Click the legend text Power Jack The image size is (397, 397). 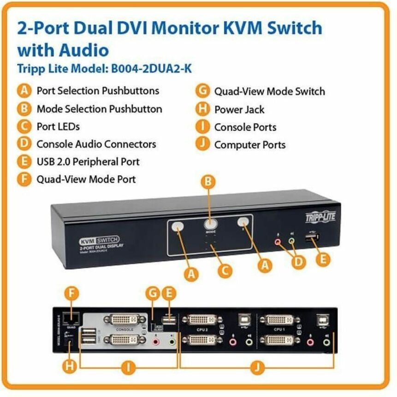click(239, 110)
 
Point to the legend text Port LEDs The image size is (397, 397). click(58, 126)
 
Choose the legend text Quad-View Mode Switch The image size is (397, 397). click(269, 91)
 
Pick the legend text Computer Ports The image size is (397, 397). click(249, 145)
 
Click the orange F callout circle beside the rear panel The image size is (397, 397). click(71, 293)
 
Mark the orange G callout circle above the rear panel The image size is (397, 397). click(154, 293)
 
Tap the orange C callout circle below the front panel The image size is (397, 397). click(225, 270)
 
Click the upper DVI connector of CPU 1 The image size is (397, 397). click(279, 320)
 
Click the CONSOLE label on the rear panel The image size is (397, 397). click(125, 330)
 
